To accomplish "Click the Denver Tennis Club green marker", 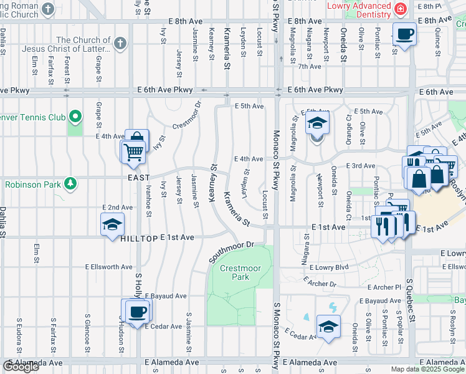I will (x=75, y=116).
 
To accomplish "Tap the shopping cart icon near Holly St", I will (x=133, y=151).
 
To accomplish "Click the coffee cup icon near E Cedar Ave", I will (x=137, y=311).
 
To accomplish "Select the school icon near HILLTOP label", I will (x=112, y=224).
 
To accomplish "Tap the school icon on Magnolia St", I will (x=316, y=123).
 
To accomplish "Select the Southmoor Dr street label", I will (x=232, y=251).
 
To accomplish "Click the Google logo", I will (x=21, y=367).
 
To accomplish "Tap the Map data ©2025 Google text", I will (x=428, y=369).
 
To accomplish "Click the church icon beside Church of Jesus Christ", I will (x=121, y=43).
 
